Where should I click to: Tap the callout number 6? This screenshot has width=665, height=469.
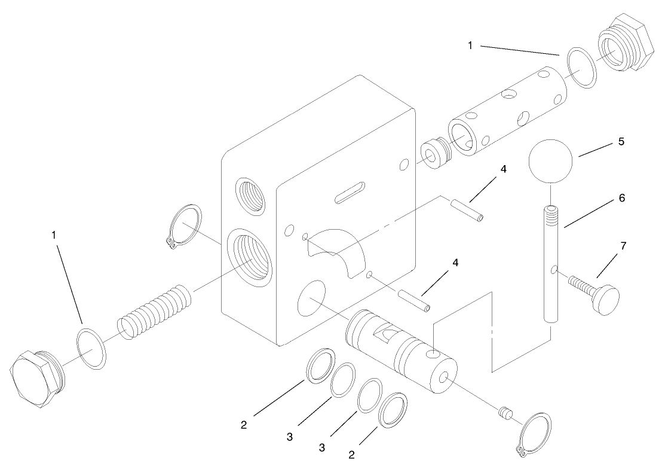pos(622,198)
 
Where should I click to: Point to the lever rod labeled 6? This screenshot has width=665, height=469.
pos(551,263)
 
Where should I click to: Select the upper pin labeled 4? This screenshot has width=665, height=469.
pos(467,209)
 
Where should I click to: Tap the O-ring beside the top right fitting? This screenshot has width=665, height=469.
pos(581,68)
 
